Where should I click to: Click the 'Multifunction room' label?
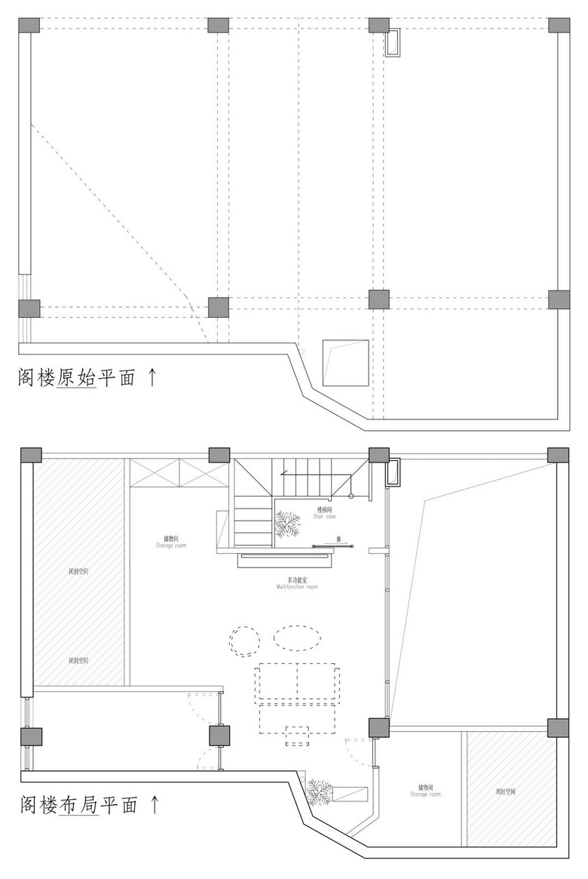[x=296, y=586]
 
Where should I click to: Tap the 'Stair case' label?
[x=324, y=517]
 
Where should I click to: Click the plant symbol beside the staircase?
[x=287, y=524]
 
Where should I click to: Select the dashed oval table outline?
[x=297, y=638]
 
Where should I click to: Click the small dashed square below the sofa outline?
[x=298, y=735]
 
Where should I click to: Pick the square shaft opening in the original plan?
[x=346, y=363]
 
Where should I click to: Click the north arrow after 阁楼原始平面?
[x=152, y=376]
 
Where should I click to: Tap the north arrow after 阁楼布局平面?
[x=155, y=804]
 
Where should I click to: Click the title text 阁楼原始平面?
[x=76, y=376]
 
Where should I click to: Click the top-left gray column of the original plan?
[x=29, y=24]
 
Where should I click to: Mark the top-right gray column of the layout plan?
[x=558, y=454]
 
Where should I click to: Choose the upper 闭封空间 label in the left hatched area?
[x=78, y=572]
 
